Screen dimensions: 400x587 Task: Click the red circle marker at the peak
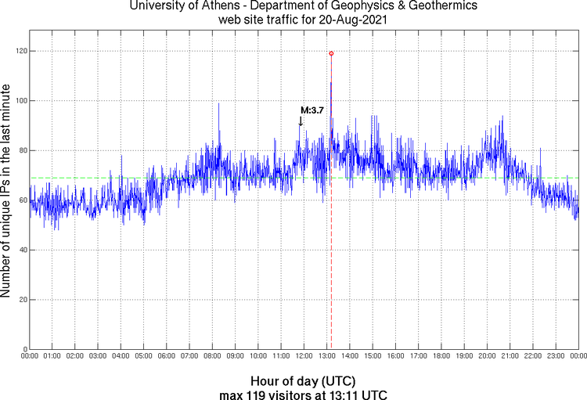tap(331, 53)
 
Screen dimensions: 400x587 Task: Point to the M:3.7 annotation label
tap(312, 110)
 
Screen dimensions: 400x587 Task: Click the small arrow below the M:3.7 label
tap(301, 121)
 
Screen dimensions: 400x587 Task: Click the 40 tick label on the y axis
tap(20, 250)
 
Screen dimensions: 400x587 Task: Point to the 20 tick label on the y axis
tap(20, 300)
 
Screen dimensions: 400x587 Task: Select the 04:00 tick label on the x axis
tap(121, 356)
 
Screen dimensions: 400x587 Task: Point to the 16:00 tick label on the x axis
tap(395, 356)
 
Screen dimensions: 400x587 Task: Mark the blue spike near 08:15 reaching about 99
tap(218, 105)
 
